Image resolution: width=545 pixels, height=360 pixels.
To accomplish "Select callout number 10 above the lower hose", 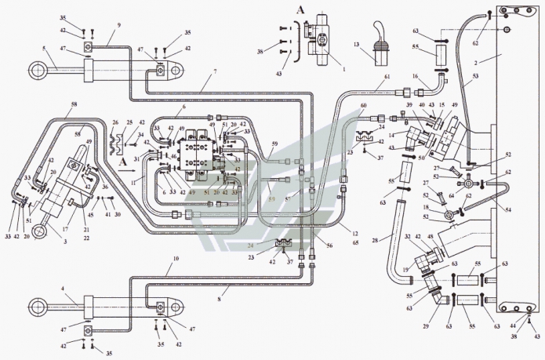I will click(176, 258).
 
